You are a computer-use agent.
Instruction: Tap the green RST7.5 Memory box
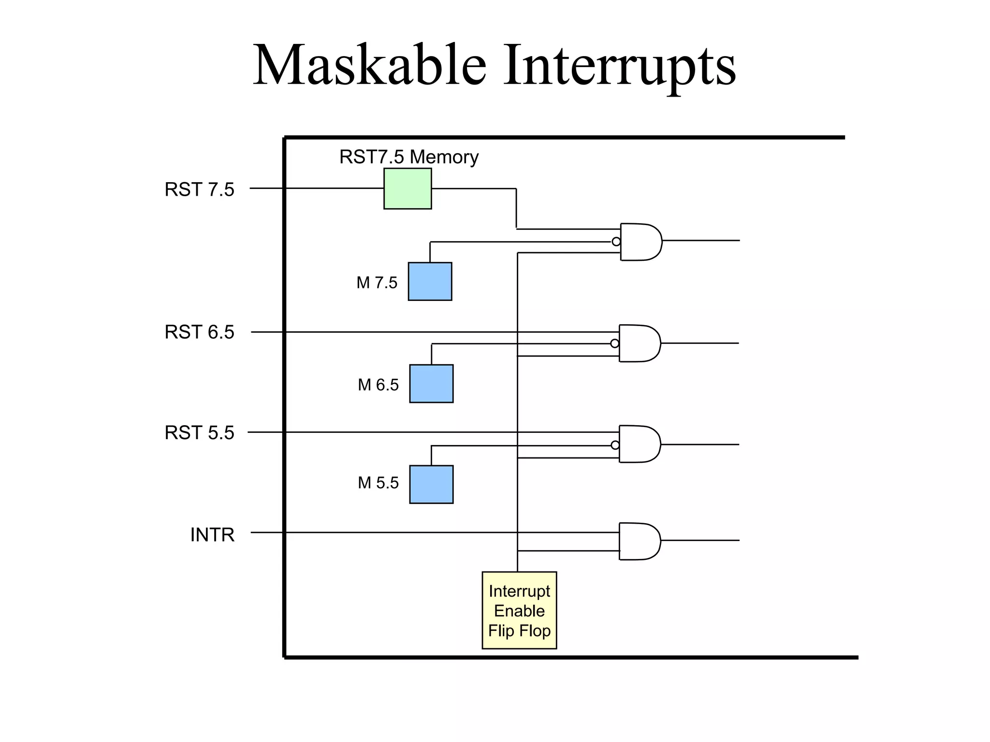(408, 188)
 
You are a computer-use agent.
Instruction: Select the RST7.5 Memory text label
(408, 157)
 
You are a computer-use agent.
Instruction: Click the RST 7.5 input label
(199, 189)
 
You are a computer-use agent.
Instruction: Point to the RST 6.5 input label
(199, 332)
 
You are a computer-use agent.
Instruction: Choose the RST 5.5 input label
(199, 433)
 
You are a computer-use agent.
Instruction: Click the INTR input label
(212, 535)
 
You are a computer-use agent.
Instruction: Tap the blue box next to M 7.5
(430, 281)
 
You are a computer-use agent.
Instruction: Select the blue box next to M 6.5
(431, 384)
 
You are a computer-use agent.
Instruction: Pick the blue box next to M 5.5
(431, 485)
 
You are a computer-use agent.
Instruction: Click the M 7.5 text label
(377, 283)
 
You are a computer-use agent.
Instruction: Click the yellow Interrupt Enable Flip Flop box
(519, 610)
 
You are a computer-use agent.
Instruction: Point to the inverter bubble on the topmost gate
(616, 242)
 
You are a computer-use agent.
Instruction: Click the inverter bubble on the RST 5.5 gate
(615, 445)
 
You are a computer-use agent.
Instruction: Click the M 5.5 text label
(378, 483)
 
